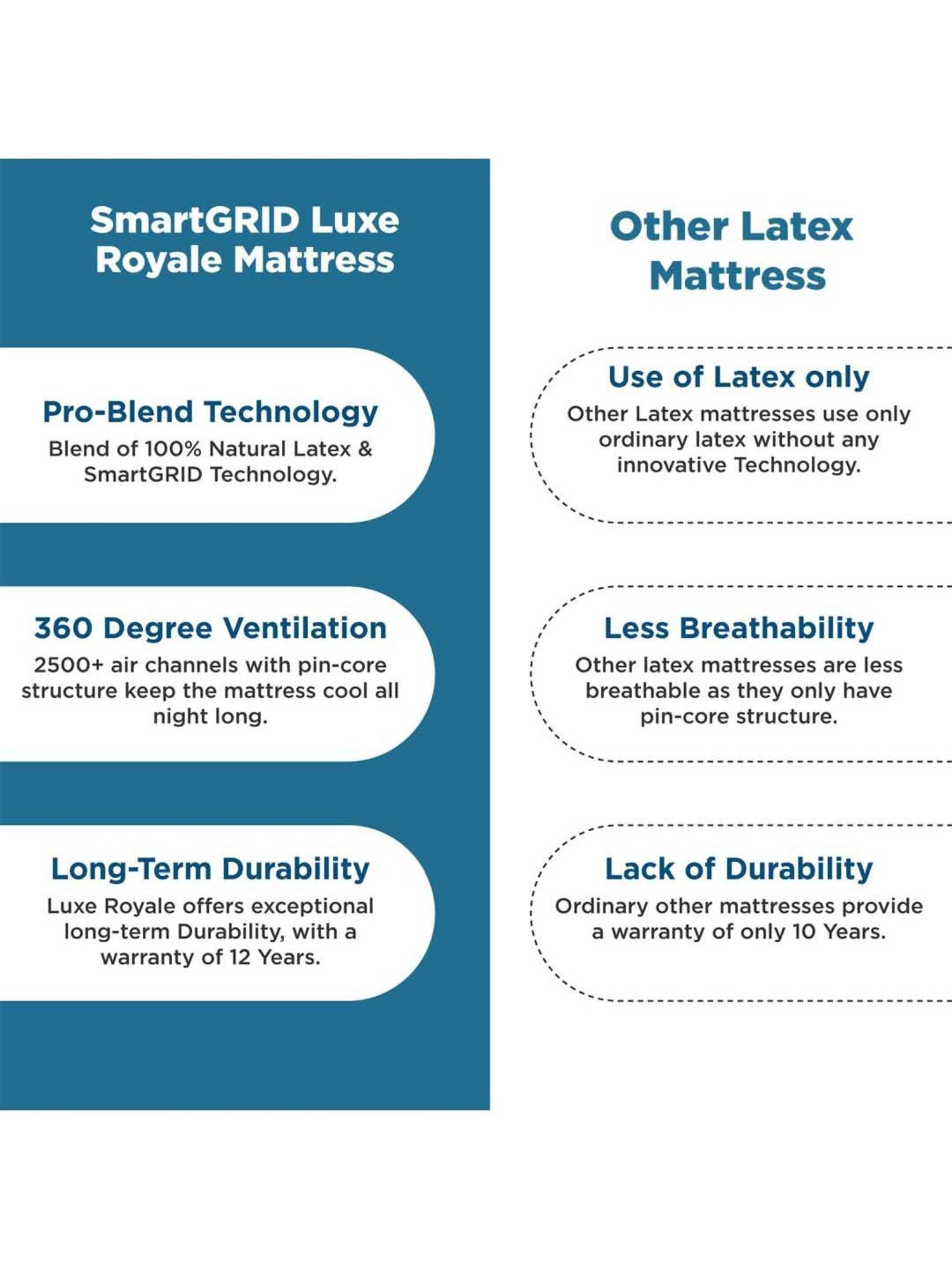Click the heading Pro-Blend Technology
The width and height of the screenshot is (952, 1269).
[x=210, y=412]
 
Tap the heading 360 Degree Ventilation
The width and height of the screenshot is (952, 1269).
[x=210, y=629]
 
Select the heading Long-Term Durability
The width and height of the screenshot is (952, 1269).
[x=210, y=869]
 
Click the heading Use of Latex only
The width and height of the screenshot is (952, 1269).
[x=738, y=378]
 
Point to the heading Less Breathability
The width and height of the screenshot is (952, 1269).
[x=738, y=629]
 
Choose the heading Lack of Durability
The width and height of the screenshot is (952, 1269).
[x=738, y=869]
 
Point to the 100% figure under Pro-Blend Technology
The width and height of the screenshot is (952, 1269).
[x=173, y=449]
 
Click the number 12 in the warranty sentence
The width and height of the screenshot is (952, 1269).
[x=240, y=957]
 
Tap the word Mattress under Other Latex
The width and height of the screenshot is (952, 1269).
[x=737, y=277]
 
